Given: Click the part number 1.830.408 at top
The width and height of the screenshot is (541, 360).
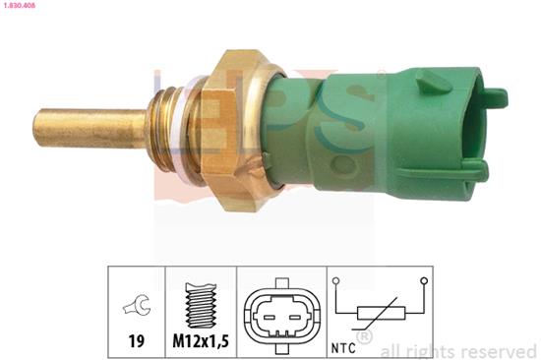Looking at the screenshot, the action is pyautogui.click(x=18, y=6).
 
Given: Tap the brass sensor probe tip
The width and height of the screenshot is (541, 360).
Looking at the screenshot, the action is pyautogui.click(x=90, y=129).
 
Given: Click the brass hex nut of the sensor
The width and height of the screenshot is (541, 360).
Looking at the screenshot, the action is pyautogui.click(x=238, y=131).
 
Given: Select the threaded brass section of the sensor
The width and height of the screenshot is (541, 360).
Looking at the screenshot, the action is pyautogui.click(x=162, y=130).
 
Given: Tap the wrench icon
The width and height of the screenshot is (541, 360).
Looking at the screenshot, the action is pyautogui.click(x=137, y=305).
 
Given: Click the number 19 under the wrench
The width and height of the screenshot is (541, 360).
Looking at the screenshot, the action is pyautogui.click(x=136, y=341).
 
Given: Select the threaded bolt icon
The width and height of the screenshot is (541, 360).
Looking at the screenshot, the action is pyautogui.click(x=201, y=305).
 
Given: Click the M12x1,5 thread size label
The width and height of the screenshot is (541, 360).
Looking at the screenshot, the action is pyautogui.click(x=201, y=341).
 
